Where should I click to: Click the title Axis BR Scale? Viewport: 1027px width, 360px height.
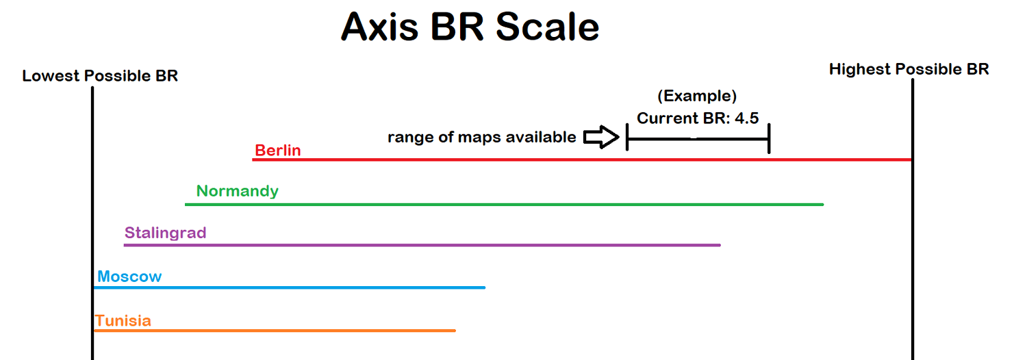(470, 27)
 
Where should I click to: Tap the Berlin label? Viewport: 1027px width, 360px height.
(278, 150)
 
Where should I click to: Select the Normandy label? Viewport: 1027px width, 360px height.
(237, 191)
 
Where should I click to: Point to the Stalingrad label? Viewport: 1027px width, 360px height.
(166, 233)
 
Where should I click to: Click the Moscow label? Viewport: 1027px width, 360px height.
(129, 277)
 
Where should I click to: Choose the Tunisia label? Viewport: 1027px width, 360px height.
(123, 320)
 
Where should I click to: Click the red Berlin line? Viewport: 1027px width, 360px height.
(582, 159)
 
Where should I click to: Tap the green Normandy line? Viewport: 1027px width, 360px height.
(505, 204)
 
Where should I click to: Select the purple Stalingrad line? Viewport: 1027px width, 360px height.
(422, 245)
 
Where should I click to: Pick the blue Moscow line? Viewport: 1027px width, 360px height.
(290, 287)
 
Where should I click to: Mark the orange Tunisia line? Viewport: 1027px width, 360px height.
(275, 330)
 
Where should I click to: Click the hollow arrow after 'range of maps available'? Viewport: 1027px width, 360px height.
(601, 137)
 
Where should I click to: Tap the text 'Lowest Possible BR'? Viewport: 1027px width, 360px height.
(100, 76)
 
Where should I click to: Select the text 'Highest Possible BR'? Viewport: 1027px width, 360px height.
(909, 69)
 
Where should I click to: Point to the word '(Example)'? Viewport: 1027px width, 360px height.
(697, 96)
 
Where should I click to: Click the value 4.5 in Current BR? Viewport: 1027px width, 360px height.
(746, 118)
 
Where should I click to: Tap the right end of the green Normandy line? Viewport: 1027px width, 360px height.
(824, 204)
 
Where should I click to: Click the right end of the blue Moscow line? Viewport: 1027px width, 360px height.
(485, 287)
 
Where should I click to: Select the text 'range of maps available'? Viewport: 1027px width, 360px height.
(482, 137)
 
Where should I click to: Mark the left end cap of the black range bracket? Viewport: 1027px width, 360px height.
(627, 137)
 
